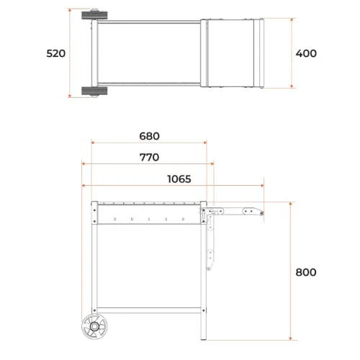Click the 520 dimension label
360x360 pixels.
pyautogui.click(x=56, y=53)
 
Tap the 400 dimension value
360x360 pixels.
pyautogui.click(x=306, y=53)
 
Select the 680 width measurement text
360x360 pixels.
pyautogui.click(x=149, y=136)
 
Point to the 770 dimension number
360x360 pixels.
pyautogui.click(x=149, y=158)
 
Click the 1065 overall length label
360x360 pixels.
pyautogui.click(x=179, y=179)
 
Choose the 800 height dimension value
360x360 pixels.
pyautogui.click(x=306, y=272)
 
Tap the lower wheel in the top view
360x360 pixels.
pyautogui.click(x=94, y=91)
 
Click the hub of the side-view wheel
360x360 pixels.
pyautogui.click(x=94, y=326)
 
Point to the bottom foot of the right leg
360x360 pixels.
pyautogui.click(x=204, y=338)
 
